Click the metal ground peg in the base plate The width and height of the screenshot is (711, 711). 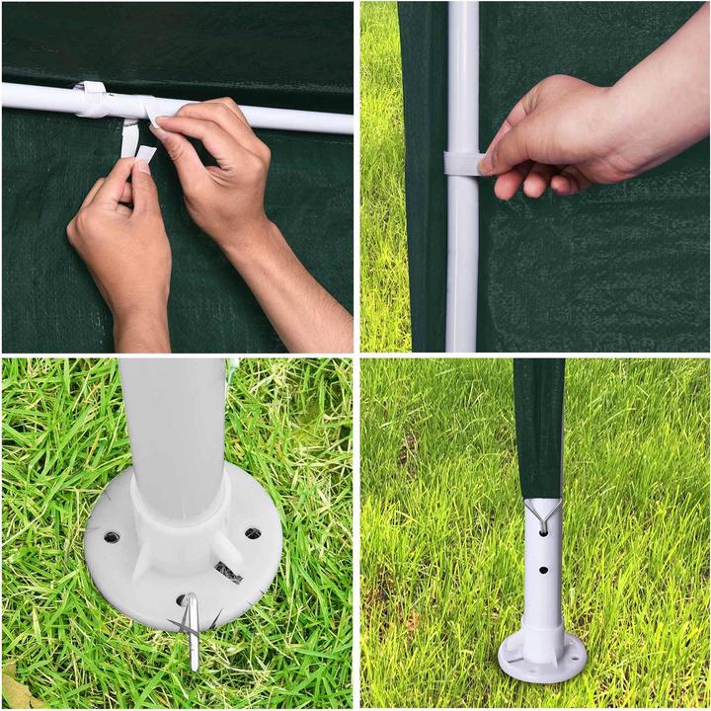[192, 628]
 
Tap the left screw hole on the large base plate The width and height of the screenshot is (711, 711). [112, 537]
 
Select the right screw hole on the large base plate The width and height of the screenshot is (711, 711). [253, 534]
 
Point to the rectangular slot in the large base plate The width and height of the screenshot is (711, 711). [228, 570]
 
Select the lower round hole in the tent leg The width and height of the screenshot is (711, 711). [541, 570]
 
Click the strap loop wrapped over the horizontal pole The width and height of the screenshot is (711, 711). [92, 93]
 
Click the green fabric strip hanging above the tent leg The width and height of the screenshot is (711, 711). [538, 425]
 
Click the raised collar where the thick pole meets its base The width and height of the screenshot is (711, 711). [178, 513]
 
